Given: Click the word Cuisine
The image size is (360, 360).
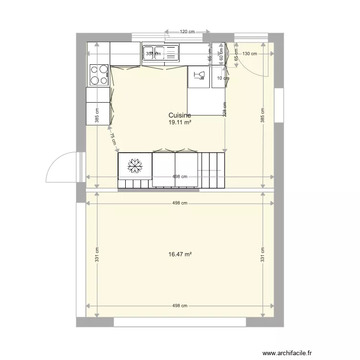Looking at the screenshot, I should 180,115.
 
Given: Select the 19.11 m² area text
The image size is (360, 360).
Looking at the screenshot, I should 180,122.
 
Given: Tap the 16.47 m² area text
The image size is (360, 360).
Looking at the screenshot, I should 180,254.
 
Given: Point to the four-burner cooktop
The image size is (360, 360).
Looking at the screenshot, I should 99,75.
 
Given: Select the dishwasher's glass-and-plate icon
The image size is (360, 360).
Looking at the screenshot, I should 198,75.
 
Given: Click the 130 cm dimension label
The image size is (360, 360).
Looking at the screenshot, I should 250,54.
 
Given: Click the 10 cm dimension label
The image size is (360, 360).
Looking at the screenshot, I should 223,78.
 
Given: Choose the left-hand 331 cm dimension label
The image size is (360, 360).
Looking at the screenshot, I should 97,254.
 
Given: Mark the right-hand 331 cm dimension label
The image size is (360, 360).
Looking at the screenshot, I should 263,254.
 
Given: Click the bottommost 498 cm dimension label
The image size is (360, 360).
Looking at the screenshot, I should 180,306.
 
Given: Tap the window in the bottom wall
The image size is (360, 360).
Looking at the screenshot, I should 180,322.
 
